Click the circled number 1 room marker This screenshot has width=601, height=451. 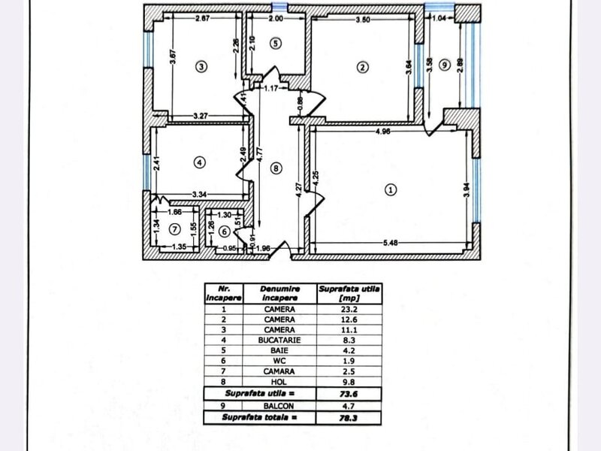click(x=391, y=189)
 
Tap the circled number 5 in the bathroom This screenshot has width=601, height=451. click(x=276, y=44)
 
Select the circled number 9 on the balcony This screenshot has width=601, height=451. click(x=445, y=65)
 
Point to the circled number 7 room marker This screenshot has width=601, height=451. click(x=175, y=229)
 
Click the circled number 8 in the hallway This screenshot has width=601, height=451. click(x=276, y=168)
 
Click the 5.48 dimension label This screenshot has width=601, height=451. click(x=390, y=243)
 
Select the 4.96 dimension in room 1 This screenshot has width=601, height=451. click(x=383, y=131)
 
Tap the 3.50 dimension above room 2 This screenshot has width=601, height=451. click(x=363, y=20)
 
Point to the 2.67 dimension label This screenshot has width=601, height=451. click(x=203, y=18)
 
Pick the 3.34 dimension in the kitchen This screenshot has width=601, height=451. click(x=199, y=195)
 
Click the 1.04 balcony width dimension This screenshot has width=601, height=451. click(x=439, y=18)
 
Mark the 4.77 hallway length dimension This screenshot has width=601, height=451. click(x=259, y=156)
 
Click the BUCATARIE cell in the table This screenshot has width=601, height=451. click(x=279, y=341)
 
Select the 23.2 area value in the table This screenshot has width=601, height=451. click(x=349, y=309)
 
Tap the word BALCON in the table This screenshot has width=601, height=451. click(x=279, y=406)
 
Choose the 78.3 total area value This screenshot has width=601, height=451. click(x=349, y=418)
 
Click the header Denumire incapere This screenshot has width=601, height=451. click(x=279, y=293)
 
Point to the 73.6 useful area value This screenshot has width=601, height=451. click(x=349, y=394)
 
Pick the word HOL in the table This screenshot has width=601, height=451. click(x=279, y=382)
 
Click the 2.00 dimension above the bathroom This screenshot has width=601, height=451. click(x=276, y=18)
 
